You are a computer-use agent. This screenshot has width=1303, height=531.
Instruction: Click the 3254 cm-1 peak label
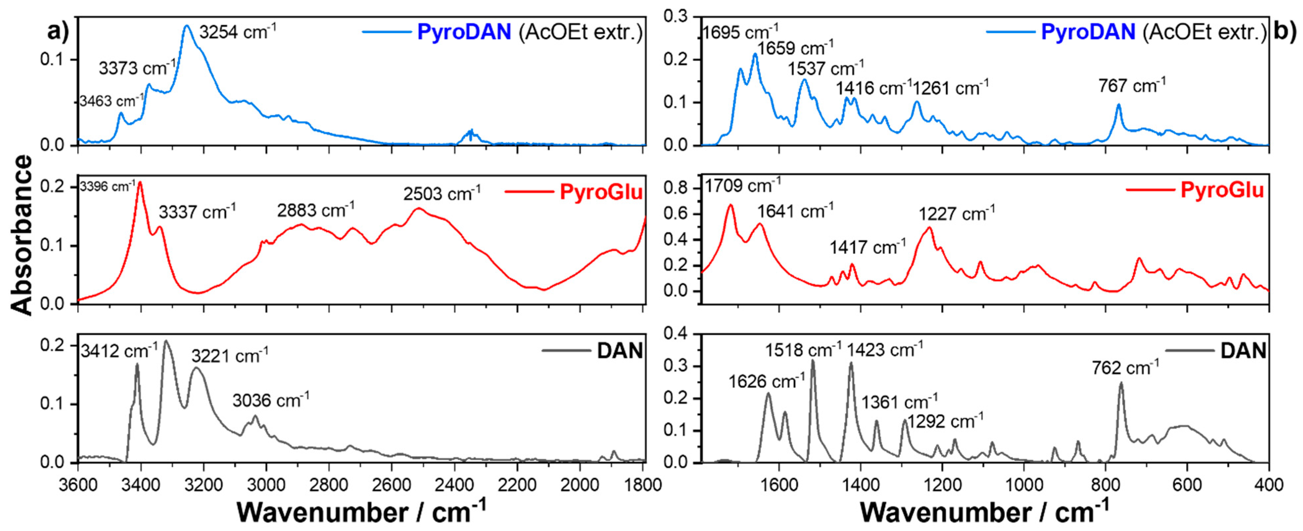click(x=238, y=32)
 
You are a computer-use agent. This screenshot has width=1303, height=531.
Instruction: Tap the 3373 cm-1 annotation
click(x=137, y=67)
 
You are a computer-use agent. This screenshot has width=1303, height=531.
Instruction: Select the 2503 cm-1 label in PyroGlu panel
click(x=442, y=193)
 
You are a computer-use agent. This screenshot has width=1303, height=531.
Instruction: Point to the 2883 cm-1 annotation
click(x=316, y=210)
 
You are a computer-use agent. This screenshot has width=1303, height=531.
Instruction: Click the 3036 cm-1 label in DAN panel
click(x=271, y=400)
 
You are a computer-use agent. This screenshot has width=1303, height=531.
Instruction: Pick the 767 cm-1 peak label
click(x=1132, y=85)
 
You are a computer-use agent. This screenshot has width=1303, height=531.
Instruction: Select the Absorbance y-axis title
click(x=21, y=235)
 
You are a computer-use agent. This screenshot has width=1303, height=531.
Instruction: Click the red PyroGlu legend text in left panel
click(x=601, y=192)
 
